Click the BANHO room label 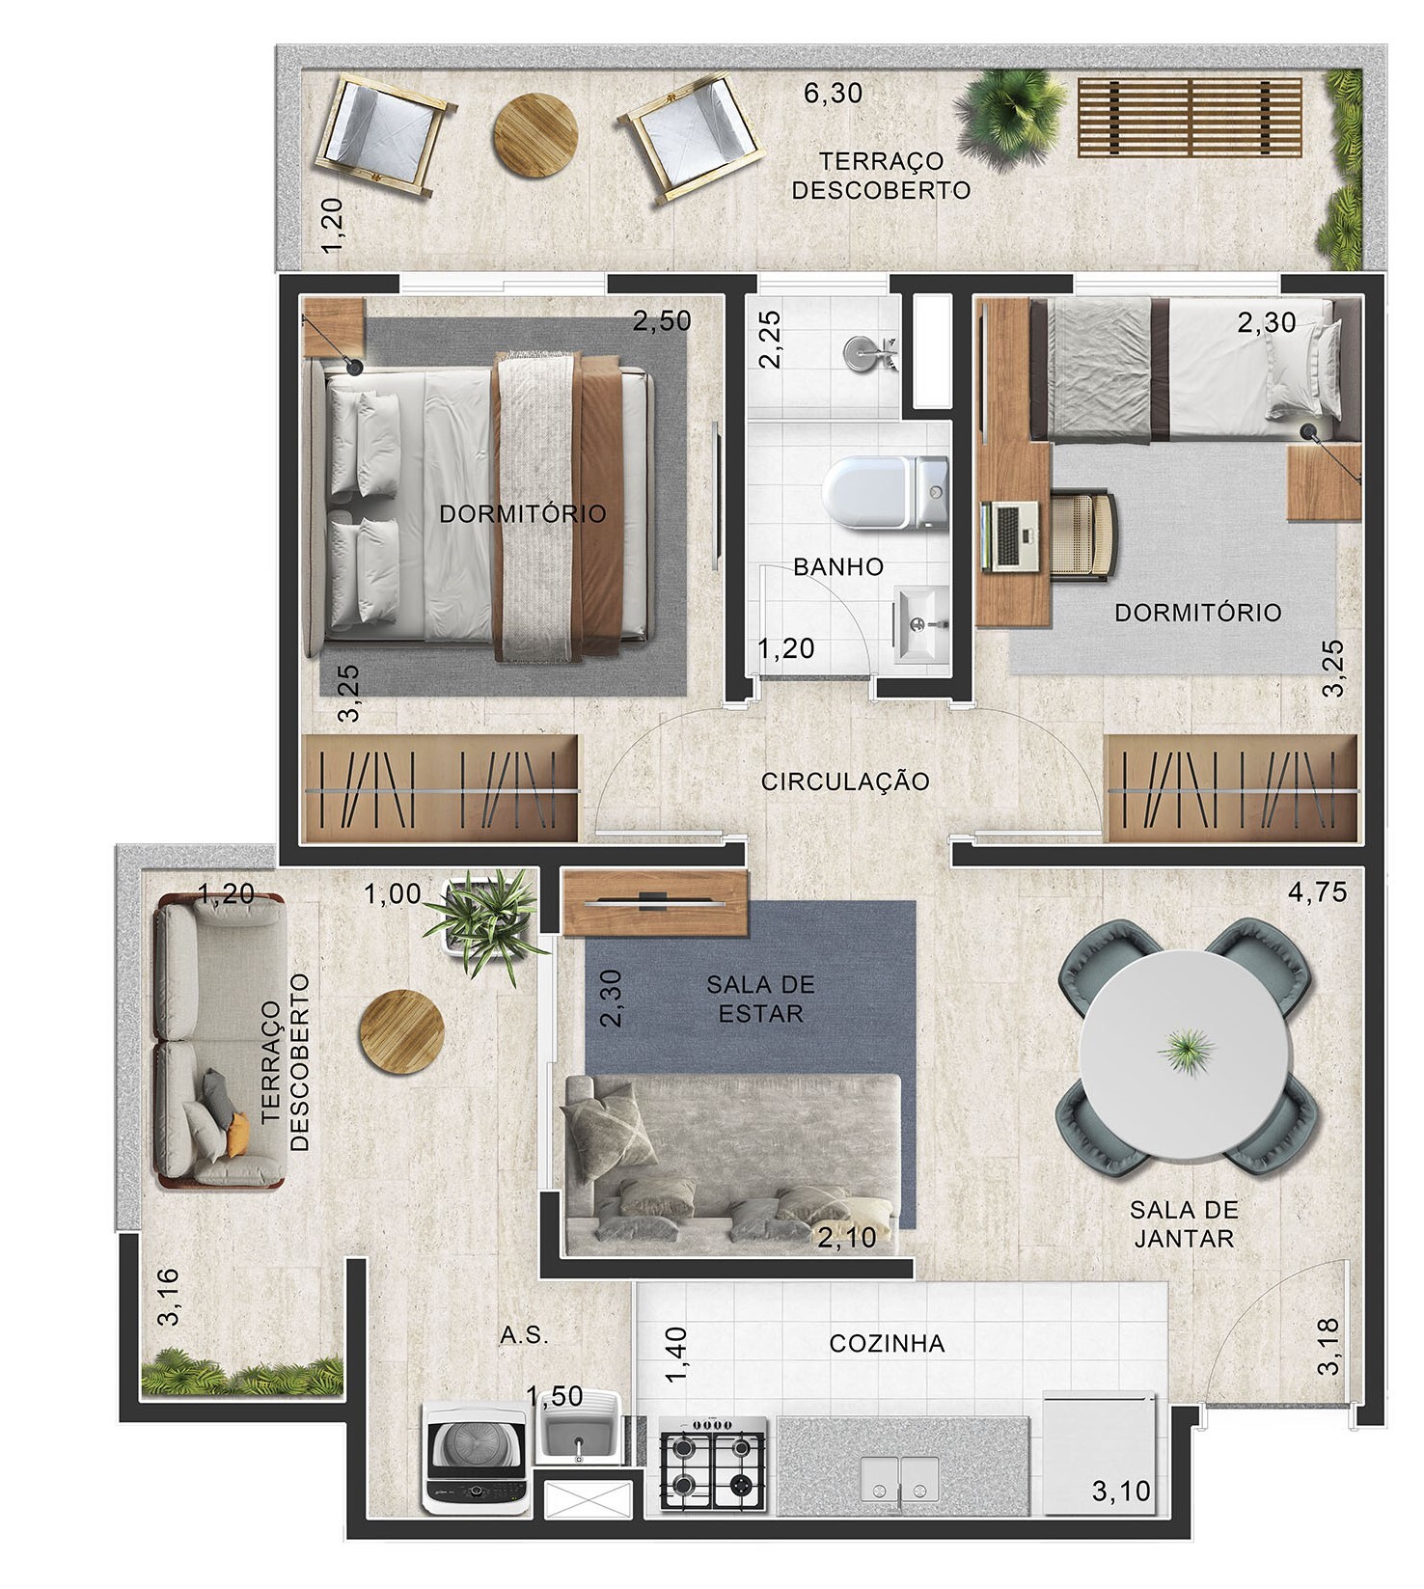pos(837,566)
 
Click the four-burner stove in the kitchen pos(712,1463)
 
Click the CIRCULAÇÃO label pos(845,781)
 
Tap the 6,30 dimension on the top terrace pos(833,94)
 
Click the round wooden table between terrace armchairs pos(535,135)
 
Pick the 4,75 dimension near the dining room pos(1317,891)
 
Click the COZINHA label pos(887,1343)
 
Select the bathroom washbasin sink pos(920,624)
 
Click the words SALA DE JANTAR pos(1184,1223)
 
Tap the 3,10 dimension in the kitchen pos(1121,1491)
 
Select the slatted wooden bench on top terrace pos(1189,118)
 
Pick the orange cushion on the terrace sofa pos(237,1136)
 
